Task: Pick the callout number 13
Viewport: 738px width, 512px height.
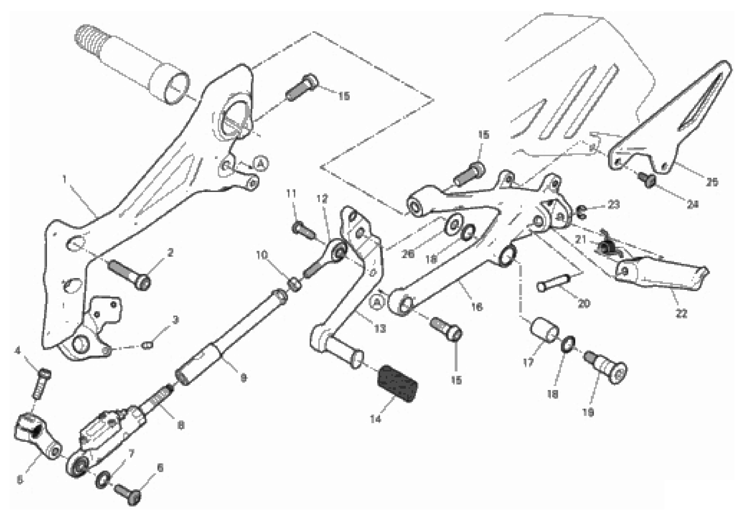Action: tap(380, 328)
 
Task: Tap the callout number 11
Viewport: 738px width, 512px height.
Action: tap(291, 194)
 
